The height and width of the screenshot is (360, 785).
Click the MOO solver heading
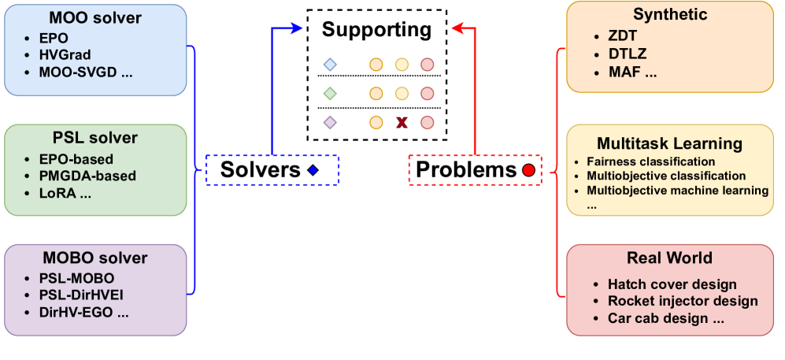point(95,17)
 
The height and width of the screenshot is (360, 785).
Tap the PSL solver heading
point(95,138)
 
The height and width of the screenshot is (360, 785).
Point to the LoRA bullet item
point(65,193)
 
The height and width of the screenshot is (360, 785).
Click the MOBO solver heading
point(95,258)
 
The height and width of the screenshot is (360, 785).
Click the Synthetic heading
point(670,14)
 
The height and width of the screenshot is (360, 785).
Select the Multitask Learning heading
point(670,143)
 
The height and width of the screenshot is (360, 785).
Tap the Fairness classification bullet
point(650,161)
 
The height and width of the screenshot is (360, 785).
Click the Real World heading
point(670,258)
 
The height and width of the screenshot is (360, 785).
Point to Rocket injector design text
point(683,301)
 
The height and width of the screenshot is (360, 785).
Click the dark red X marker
point(402,122)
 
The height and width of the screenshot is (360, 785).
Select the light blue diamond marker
point(330,65)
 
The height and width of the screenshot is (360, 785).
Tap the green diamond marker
point(330,94)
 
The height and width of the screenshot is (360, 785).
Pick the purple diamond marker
point(330,122)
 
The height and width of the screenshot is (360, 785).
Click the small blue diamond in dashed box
point(313,170)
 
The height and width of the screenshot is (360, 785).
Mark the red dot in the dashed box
point(528,170)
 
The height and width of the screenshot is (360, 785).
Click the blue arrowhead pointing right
point(297,28)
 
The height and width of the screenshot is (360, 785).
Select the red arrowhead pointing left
point(457,28)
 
